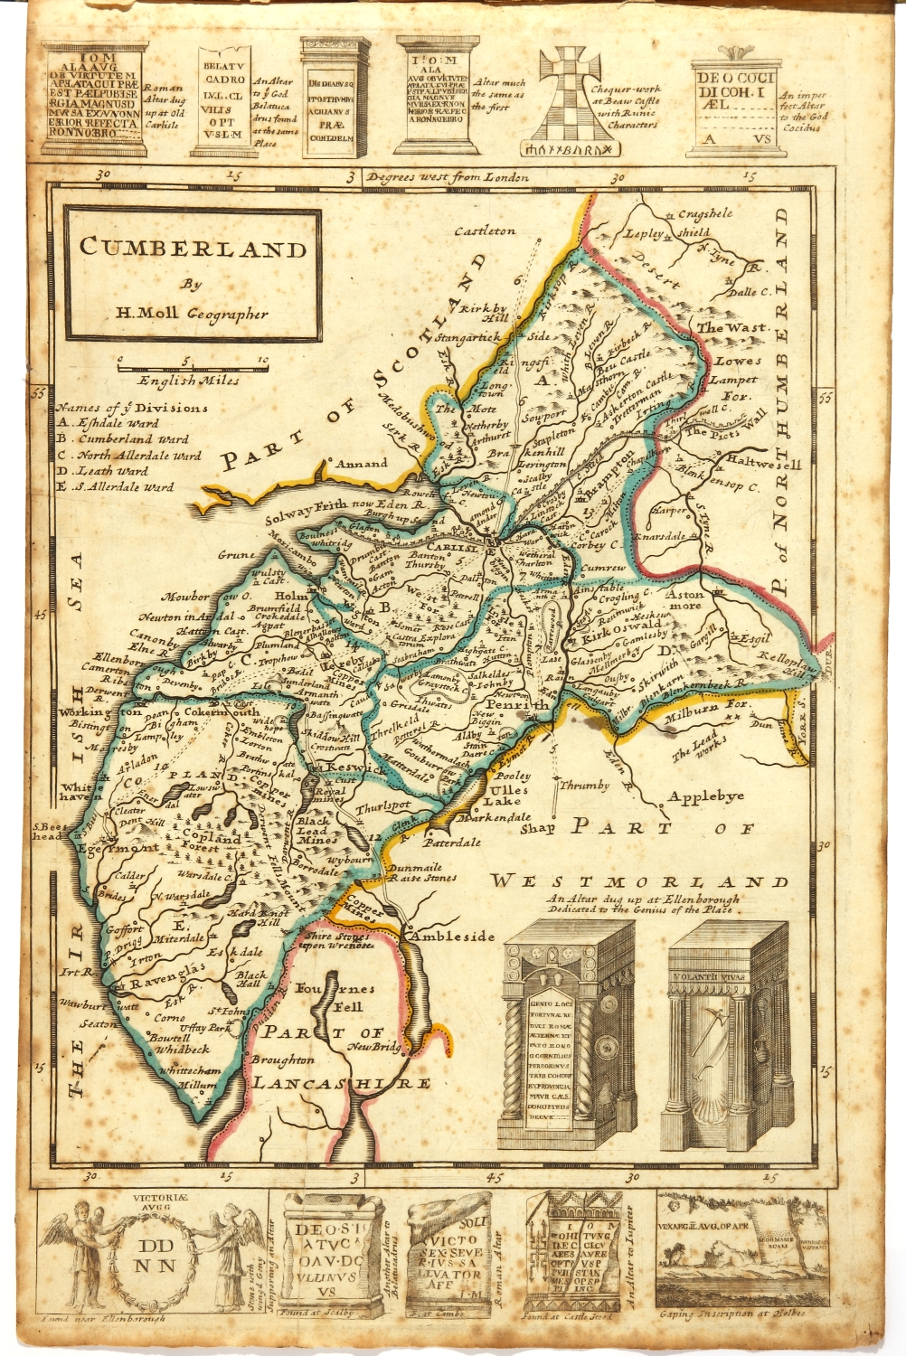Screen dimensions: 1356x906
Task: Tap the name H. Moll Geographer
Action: pyautogui.click(x=192, y=314)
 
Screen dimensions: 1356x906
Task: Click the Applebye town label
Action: pyautogui.click(x=706, y=796)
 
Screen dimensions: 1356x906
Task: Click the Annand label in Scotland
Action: pyautogui.click(x=362, y=464)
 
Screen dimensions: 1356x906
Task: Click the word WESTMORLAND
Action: pyautogui.click(x=638, y=881)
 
